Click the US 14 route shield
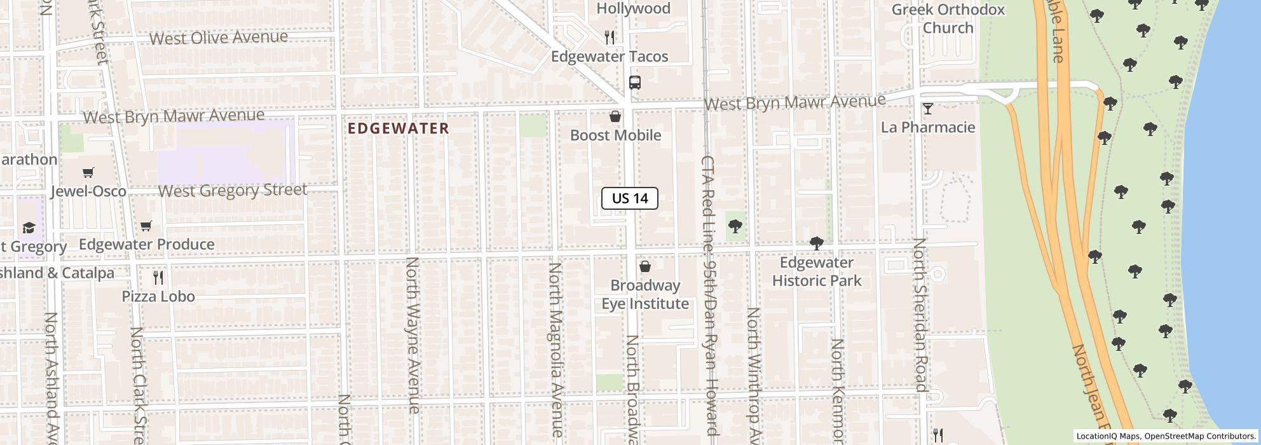(x=629, y=198)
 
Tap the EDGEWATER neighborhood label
(x=399, y=128)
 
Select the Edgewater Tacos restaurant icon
(x=610, y=38)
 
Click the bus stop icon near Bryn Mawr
(x=634, y=83)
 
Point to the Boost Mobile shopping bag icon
(x=615, y=116)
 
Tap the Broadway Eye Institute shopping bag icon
(x=644, y=266)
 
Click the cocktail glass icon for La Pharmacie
(x=927, y=109)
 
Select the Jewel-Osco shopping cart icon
(x=88, y=173)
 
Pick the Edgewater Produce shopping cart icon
(x=146, y=226)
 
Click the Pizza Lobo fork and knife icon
(x=158, y=278)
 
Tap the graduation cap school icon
(x=29, y=228)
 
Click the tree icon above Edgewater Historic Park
(x=816, y=243)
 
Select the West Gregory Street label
(x=233, y=191)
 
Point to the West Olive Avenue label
(x=219, y=38)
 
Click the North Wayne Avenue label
(x=413, y=335)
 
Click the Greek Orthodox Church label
(x=948, y=18)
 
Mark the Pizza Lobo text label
(x=158, y=297)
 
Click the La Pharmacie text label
(x=928, y=128)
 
